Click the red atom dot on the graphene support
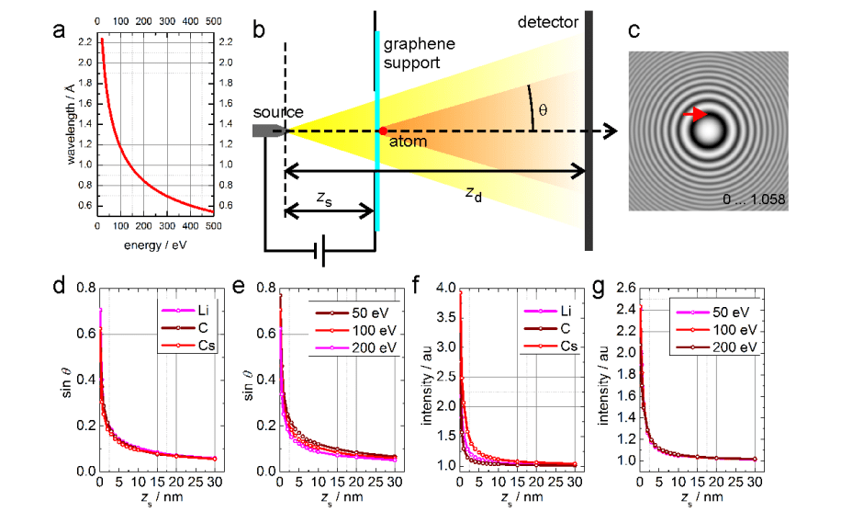[383, 131]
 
